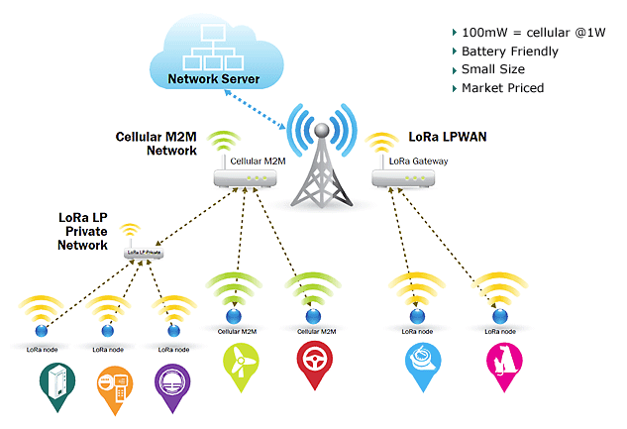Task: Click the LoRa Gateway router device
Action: pos(402,178)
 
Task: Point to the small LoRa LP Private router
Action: pos(143,254)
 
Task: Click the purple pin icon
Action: pos(176,383)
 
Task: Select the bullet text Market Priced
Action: pos(502,88)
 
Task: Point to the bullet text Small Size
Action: pos(492,69)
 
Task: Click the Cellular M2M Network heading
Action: pos(157,144)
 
